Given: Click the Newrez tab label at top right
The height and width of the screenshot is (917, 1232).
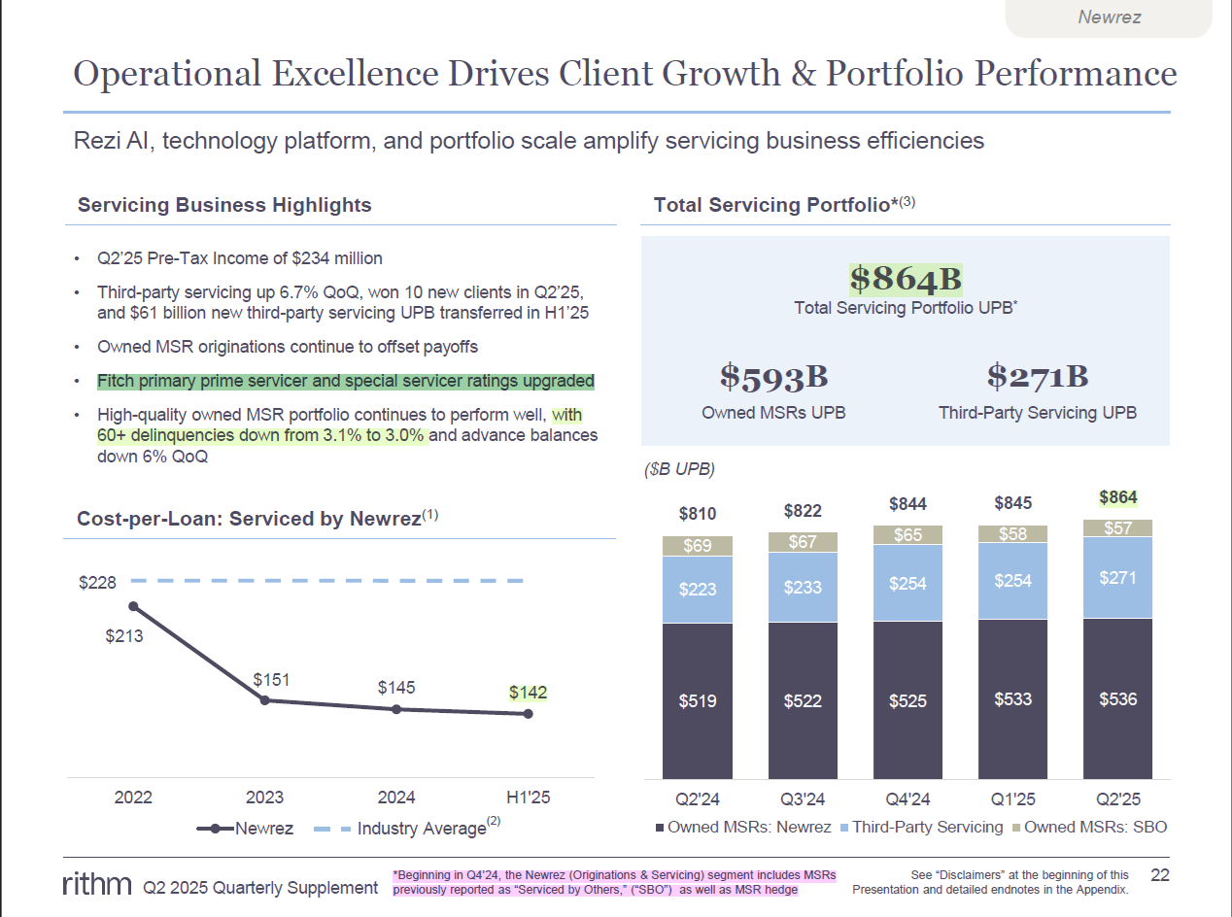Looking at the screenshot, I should point(1109,17).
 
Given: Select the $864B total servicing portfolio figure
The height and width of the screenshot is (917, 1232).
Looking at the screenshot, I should point(906,280).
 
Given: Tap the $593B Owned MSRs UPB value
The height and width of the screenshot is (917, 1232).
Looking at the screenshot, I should point(773,377).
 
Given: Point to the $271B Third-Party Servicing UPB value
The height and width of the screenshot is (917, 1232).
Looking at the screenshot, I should point(1037,377).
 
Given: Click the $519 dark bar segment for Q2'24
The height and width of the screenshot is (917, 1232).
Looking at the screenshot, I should point(698,700).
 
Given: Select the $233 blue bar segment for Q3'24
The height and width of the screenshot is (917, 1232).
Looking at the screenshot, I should point(803,588).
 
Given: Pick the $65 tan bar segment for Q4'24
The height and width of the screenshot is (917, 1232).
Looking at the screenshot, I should point(907,535).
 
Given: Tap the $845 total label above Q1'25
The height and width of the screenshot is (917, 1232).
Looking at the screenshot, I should point(1012,503).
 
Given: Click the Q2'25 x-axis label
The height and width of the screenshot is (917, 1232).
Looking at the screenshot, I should point(1117,799).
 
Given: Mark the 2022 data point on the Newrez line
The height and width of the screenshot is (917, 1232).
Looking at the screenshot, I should point(133,606).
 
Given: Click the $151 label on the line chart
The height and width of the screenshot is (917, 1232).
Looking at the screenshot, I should point(271,680).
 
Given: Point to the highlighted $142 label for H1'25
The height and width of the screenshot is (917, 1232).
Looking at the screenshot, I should point(528,693).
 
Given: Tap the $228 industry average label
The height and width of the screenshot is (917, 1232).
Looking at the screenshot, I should point(97,583).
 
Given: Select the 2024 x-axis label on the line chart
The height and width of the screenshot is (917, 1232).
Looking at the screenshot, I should point(396,798).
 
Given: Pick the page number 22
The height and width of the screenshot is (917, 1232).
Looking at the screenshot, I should point(1159,875).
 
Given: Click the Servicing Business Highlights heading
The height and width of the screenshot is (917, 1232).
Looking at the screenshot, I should point(224,205).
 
